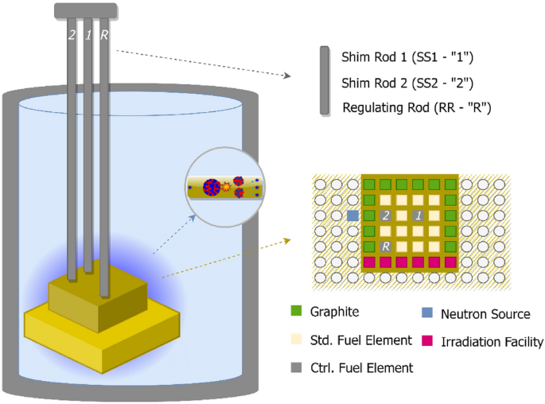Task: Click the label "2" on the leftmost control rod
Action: click(x=72, y=35)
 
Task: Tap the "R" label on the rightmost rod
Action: click(x=104, y=35)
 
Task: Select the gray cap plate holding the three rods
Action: click(x=87, y=11)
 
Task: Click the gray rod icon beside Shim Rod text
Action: click(x=324, y=82)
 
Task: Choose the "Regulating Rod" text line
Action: click(x=415, y=107)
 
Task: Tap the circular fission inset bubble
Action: click(x=224, y=188)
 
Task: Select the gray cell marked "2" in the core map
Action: click(x=385, y=216)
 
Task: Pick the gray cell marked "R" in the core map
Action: click(x=385, y=247)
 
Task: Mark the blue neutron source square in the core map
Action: click(x=352, y=216)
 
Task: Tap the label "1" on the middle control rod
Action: click(x=88, y=35)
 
